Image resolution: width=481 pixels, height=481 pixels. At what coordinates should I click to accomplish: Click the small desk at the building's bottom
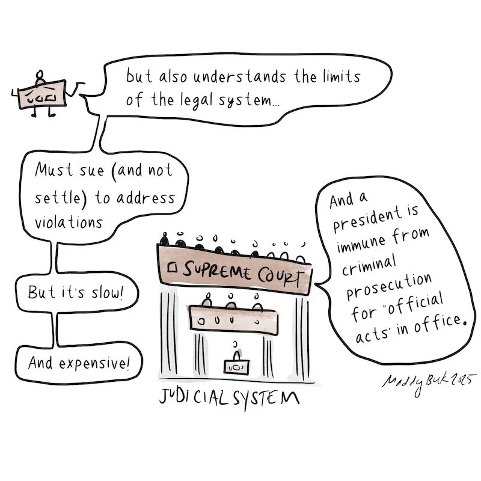tap(236, 365)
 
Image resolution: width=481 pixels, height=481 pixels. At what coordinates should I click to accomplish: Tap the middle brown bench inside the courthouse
tap(233, 318)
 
